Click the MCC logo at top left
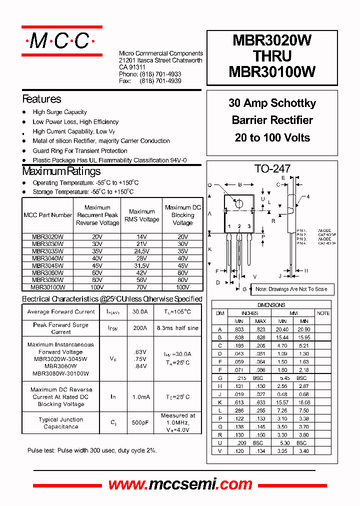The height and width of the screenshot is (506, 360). (61, 41)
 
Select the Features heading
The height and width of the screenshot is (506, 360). (41, 99)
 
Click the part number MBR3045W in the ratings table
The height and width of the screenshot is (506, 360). (47, 266)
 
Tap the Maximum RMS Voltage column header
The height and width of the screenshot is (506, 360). (141, 215)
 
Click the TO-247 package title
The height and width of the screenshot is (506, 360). (272, 169)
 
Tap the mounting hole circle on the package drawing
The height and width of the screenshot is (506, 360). (239, 203)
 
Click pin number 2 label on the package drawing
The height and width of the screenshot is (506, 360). (239, 226)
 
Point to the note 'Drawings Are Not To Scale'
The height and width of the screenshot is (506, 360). (291, 289)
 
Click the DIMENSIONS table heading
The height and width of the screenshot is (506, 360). (271, 305)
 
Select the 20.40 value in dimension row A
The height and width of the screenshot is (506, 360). (282, 329)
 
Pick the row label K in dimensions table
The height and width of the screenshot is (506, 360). (219, 402)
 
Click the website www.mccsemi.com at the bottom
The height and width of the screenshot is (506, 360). (180, 484)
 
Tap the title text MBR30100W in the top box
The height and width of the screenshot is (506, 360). (272, 72)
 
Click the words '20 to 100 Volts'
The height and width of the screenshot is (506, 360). (272, 137)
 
